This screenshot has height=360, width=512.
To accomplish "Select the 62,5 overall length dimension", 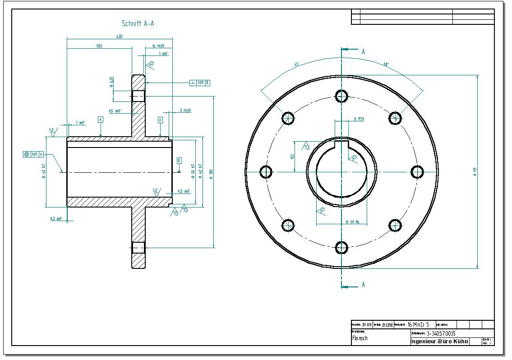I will coord(120,36).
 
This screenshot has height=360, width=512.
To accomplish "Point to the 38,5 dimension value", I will coord(99,46).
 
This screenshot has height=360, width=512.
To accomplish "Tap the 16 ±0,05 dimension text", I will coord(158,46).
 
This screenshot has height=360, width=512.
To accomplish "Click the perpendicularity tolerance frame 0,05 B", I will coord(200,83).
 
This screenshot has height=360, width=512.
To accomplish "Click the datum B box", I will coord(179,161).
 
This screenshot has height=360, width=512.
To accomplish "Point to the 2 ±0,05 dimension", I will coord(185,110).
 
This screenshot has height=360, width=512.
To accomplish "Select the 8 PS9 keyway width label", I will coord(359,119).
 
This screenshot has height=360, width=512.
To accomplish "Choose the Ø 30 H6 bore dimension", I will coord(352,222).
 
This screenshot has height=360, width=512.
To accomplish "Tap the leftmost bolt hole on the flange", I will coord(266,171).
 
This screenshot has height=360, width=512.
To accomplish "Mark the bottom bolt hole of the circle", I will coord(341,247).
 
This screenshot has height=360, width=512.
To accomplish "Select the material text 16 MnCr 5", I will coord(418,324).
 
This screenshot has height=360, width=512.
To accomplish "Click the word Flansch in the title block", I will coord(360,338).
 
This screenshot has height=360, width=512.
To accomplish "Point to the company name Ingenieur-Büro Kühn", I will coord(439,342).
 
